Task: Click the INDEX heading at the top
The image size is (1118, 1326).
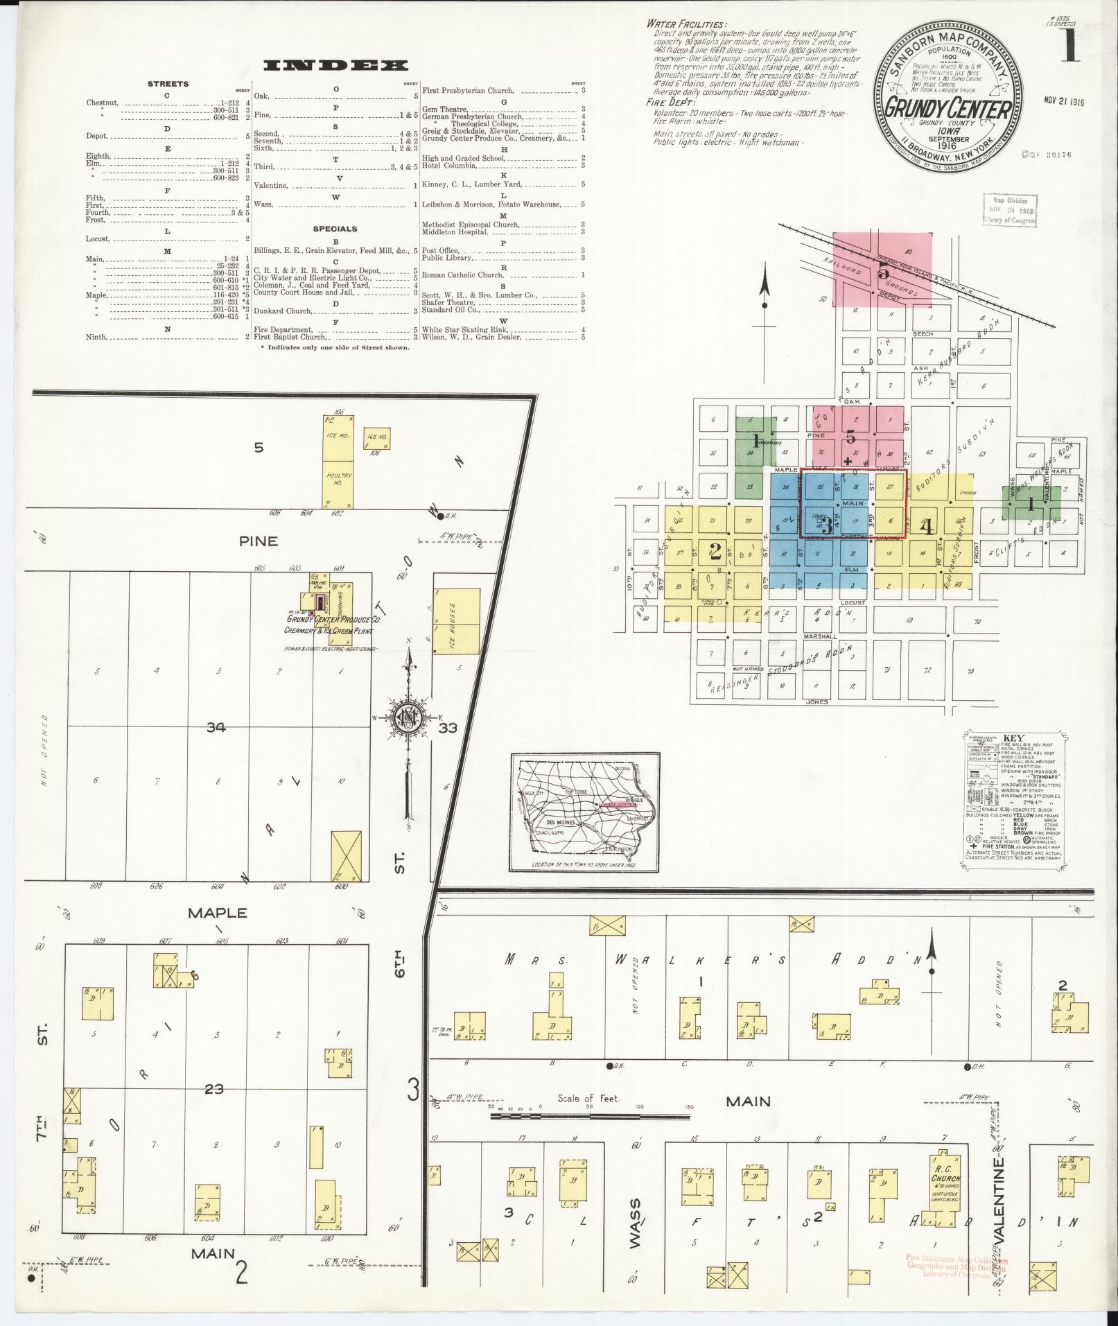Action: point(335,66)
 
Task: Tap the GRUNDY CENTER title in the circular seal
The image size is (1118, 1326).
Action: point(949,109)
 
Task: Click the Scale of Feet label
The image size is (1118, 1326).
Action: point(588,1098)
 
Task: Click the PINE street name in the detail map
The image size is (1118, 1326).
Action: point(258,541)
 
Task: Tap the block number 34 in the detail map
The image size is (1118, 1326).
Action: point(216,726)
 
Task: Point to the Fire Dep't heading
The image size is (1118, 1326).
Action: point(670,103)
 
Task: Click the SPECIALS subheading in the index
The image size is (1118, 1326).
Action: point(335,229)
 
